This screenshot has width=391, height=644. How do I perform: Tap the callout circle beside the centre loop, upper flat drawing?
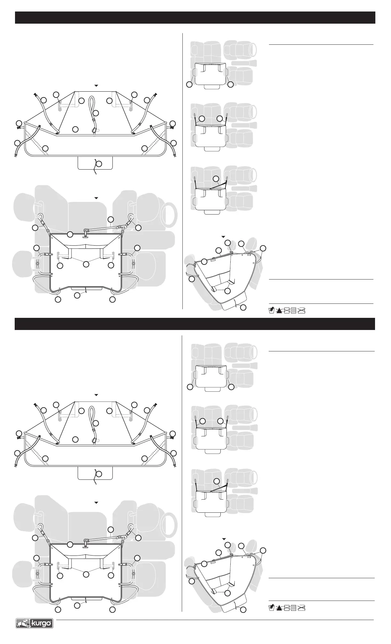pos(96,113)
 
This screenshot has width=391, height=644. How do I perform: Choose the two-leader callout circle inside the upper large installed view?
pos(86,264)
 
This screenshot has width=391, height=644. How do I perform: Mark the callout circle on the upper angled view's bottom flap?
pos(243,307)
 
